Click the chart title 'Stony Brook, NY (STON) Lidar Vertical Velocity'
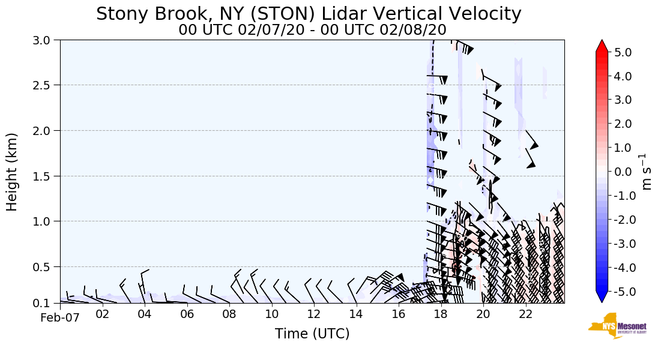coord(309,13)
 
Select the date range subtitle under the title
coord(312,29)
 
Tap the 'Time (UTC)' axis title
coord(312,334)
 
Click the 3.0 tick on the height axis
coord(46,40)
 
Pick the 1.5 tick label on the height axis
coord(46,176)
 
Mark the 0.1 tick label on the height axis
coord(46,304)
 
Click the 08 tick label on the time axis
coord(229,314)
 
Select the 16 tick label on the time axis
coord(399,314)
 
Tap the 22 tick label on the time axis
coord(526,314)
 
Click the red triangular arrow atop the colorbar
coord(602,46)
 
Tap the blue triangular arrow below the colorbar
coord(602,297)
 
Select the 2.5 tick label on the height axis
coord(46,85)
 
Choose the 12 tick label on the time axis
coord(314,314)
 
